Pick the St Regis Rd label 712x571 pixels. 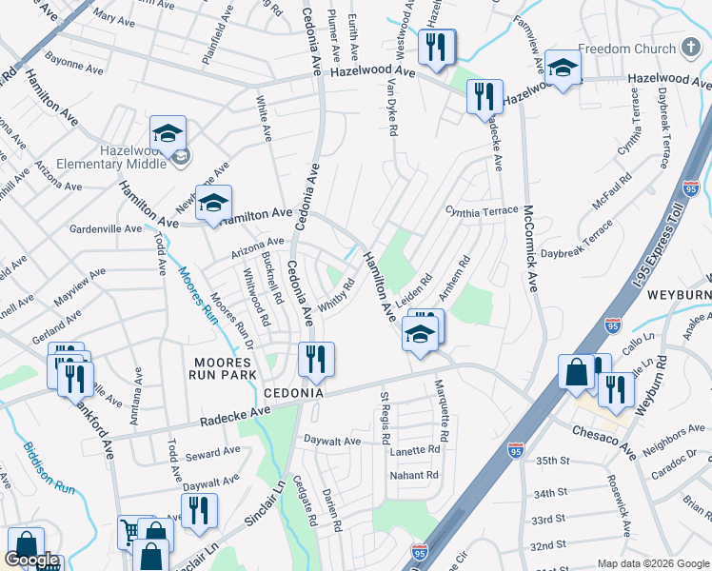(386, 419)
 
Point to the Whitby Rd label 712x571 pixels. (336, 295)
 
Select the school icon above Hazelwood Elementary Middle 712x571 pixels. (168, 133)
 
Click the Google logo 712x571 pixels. (31, 561)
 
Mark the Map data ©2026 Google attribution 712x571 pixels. (653, 563)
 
